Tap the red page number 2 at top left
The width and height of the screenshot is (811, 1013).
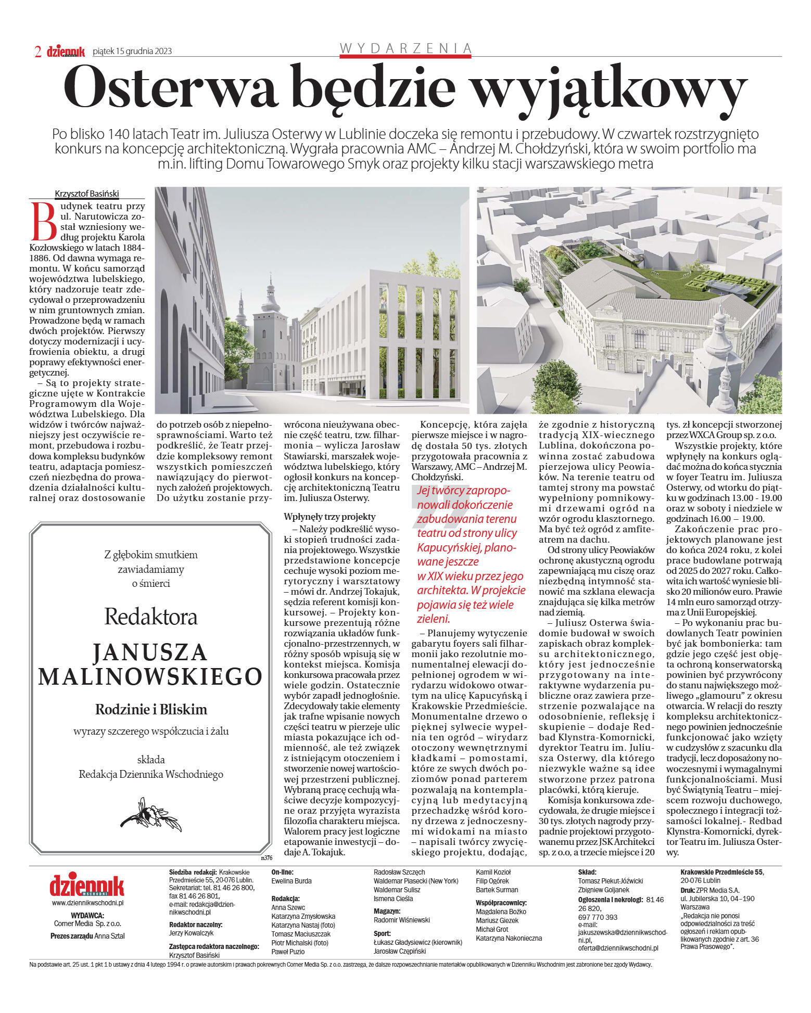(37, 51)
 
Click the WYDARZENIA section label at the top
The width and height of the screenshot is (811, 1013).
(405, 48)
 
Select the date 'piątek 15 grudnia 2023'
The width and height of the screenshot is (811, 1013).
(132, 51)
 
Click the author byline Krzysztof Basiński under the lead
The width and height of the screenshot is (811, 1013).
(87, 194)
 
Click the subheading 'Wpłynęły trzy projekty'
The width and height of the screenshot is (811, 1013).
(329, 516)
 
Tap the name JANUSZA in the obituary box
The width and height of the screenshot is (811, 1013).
(150, 652)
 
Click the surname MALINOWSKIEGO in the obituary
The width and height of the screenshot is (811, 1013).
(150, 676)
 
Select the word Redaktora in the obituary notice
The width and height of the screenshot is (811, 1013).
(150, 617)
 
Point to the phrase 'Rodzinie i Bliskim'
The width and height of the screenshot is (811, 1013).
(151, 709)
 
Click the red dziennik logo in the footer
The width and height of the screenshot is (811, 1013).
(87, 886)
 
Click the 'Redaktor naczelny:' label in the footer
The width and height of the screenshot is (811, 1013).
(196, 925)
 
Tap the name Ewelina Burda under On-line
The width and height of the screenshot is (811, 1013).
(291, 881)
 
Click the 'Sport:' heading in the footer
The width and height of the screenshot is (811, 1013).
(382, 933)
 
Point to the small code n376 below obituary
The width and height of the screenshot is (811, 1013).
(267, 857)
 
